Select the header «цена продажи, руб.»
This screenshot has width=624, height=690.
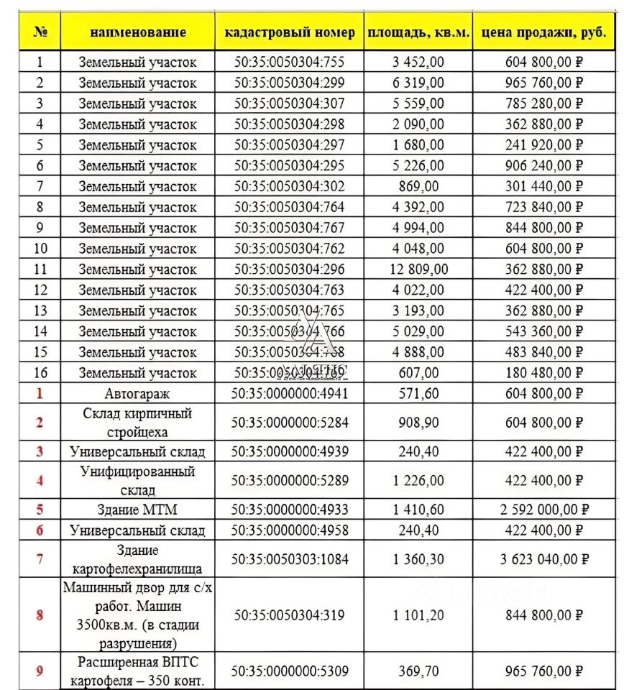pos(543,32)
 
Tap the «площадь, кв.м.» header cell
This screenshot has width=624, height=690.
pos(418,32)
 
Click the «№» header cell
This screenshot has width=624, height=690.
pos(40,32)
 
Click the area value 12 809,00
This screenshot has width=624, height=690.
pos(418,270)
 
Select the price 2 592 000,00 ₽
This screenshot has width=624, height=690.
pos(543,510)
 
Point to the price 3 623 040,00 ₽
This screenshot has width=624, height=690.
pos(543,559)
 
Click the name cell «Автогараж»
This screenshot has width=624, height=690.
pos(137,394)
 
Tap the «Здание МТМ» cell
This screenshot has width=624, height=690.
pos(137,510)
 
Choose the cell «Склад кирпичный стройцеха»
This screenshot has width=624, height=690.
pos(137,423)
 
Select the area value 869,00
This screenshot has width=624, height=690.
pos(418,187)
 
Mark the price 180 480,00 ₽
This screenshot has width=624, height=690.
pos(543,373)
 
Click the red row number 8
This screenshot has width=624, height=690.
pos(40,615)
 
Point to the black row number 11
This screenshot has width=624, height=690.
pos(40,270)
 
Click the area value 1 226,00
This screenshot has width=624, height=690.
pos(418,480)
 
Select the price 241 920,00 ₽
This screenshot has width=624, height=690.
pos(543,145)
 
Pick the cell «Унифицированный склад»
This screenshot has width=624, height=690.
pos(137,480)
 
